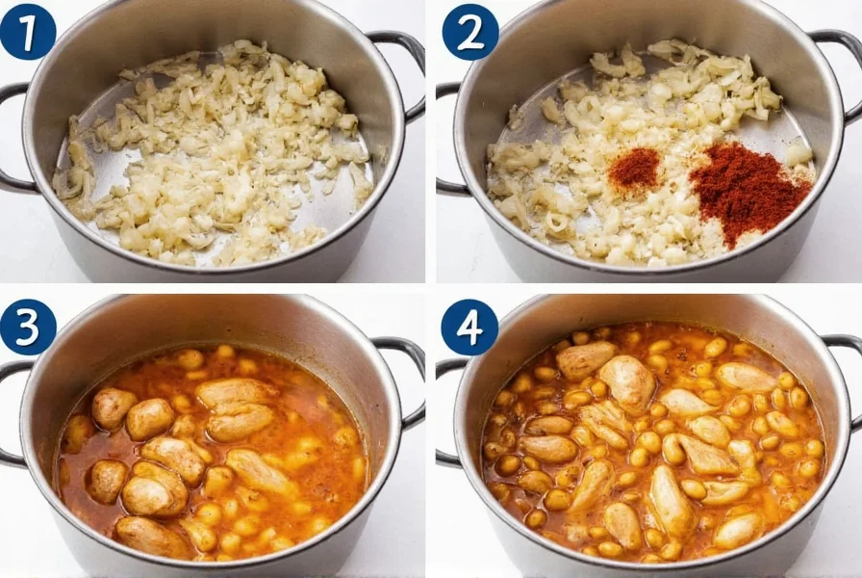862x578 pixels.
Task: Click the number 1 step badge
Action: click(x=28, y=31)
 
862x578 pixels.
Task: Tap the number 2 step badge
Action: click(x=469, y=32)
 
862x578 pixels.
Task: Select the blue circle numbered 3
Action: click(x=28, y=327)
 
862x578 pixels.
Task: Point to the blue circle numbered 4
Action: click(x=469, y=327)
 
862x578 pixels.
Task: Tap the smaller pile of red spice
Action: click(x=634, y=168)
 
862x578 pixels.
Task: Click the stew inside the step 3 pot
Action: click(x=212, y=453)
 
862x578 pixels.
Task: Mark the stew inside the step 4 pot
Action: click(x=654, y=443)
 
